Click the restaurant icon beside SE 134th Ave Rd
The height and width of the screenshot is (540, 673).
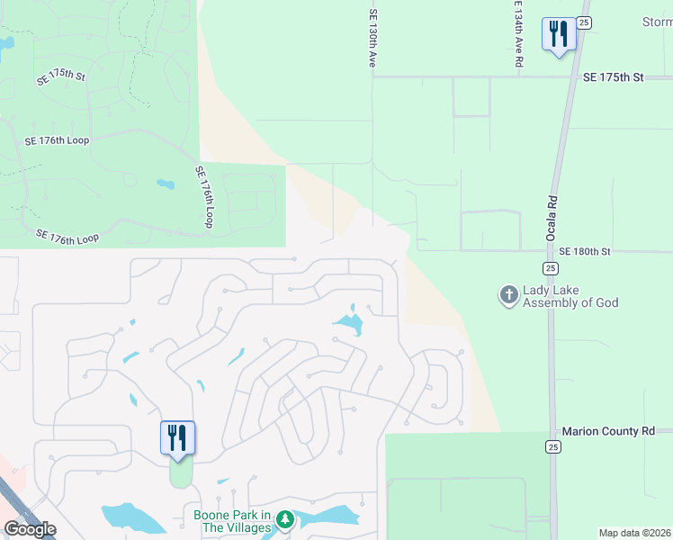[558, 35]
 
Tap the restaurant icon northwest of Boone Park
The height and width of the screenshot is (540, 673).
[177, 438]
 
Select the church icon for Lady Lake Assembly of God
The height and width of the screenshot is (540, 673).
[509, 295]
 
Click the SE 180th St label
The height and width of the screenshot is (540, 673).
[584, 251]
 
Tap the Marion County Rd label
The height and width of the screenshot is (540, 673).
[608, 431]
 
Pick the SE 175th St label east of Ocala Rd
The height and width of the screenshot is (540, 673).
[614, 78]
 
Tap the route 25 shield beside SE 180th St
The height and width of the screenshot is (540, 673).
[550, 268]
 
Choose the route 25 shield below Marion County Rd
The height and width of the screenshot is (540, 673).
[552, 446]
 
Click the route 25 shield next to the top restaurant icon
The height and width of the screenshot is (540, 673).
[583, 22]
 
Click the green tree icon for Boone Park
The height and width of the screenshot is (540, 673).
[284, 519]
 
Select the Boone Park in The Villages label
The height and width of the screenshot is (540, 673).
[232, 521]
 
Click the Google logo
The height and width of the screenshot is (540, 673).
[29, 529]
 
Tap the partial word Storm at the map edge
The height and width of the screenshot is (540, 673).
[656, 22]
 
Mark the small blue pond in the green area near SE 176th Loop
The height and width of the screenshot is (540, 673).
[165, 184]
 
